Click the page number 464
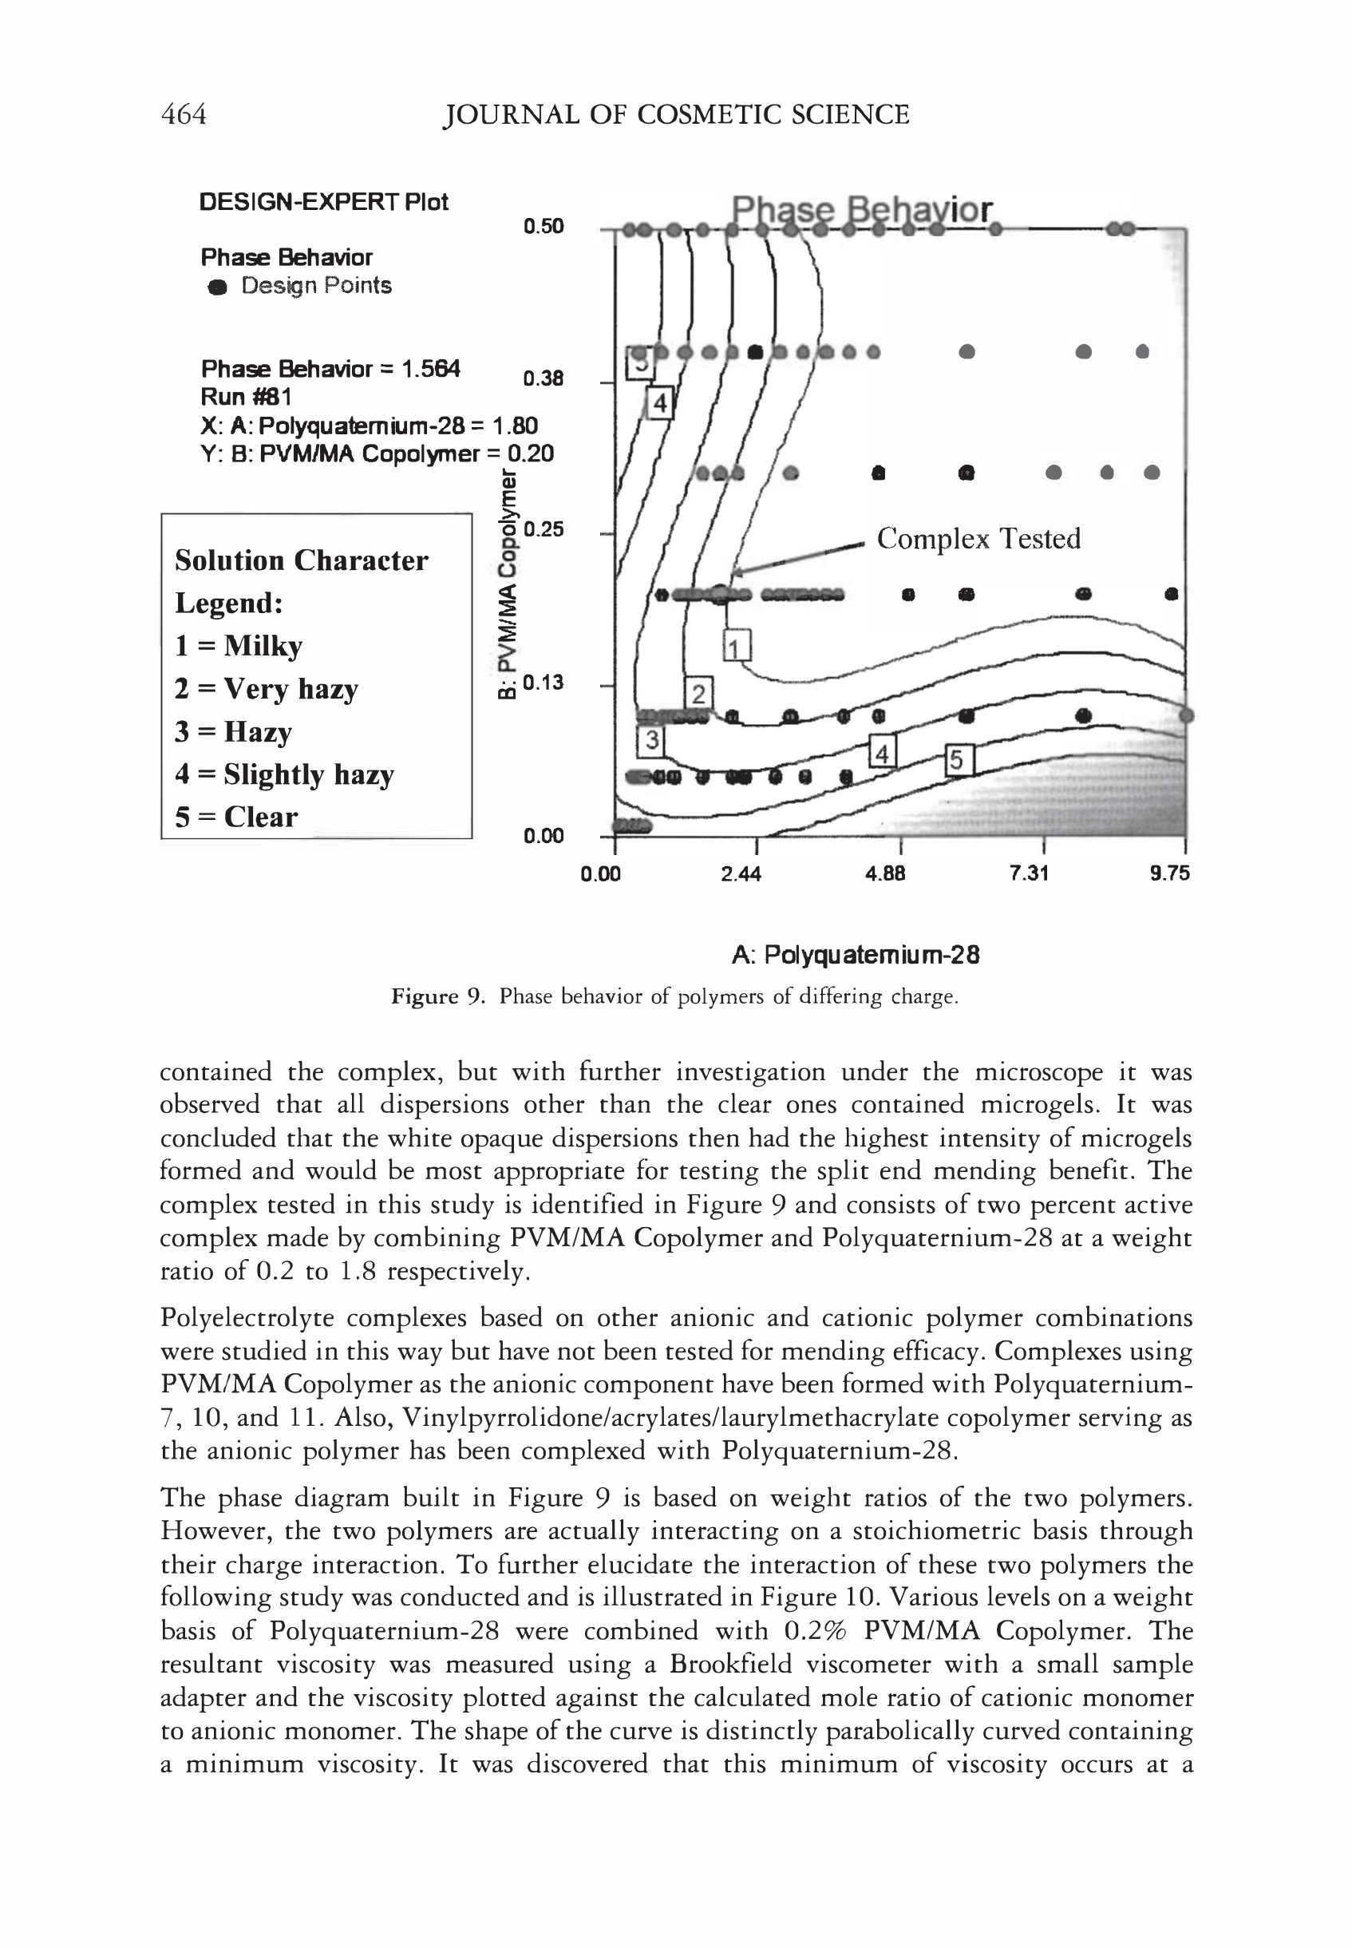[183, 113]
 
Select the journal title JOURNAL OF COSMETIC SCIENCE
[676, 114]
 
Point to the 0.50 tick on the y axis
[543, 226]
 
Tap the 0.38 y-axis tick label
[543, 378]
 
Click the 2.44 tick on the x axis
[741, 873]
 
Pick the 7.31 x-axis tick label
[1030, 873]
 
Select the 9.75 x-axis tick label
[1170, 873]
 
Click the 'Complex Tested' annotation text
[978, 539]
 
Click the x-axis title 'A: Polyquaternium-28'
[856, 955]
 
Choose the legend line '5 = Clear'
[236, 817]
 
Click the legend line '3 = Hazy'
[233, 731]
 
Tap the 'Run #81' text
[247, 397]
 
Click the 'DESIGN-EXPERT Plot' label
[322, 202]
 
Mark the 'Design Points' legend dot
[218, 287]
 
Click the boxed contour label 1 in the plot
[737, 647]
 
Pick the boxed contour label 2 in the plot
[698, 693]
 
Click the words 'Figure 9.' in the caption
[438, 996]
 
